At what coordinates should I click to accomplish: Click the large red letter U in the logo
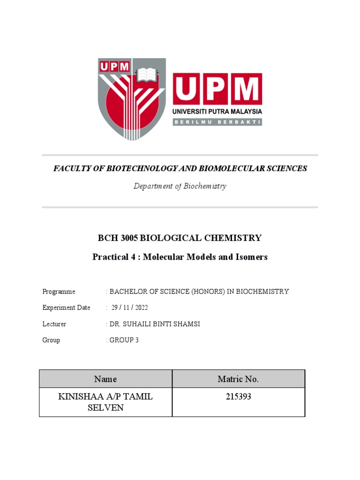[189, 90]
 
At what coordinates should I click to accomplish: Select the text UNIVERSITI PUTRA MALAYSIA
[217, 112]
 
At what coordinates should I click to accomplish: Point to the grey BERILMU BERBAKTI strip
[217, 122]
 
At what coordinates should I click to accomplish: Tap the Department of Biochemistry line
[180, 186]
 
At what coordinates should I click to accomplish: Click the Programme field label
[59, 292]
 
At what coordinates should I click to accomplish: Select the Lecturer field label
[54, 324]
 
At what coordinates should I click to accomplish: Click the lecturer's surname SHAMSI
[187, 324]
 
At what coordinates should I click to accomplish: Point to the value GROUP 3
[124, 340]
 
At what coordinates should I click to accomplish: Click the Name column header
[105, 379]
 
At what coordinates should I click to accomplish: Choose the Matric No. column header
[238, 379]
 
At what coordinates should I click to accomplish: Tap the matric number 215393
[238, 397]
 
